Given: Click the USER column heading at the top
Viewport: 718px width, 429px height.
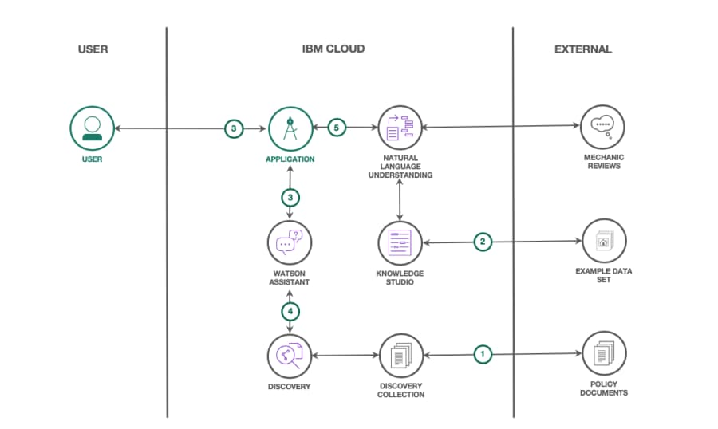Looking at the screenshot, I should coord(93,49).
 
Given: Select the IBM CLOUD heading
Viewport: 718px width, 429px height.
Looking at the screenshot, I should coord(333,49).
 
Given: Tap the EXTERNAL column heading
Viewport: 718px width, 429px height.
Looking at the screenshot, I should coord(583,49).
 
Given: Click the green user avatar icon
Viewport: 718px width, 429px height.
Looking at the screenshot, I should coord(93,128).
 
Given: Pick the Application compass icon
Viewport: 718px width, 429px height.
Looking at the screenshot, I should coord(290,128).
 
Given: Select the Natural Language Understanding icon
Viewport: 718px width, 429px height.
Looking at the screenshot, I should coord(400,128).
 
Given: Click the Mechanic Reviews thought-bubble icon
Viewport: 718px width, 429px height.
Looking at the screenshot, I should coord(603,128).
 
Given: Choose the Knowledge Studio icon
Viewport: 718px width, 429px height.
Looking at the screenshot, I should coord(400,242).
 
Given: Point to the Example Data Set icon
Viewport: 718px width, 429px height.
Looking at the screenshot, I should coord(603,242).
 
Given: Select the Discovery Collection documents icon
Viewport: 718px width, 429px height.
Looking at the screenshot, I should coord(400,355).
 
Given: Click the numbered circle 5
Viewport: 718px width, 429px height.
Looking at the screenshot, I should coord(337,128).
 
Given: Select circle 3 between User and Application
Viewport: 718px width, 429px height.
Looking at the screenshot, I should coord(233,128).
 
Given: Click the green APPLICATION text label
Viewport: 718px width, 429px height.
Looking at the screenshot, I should coord(290,159).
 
